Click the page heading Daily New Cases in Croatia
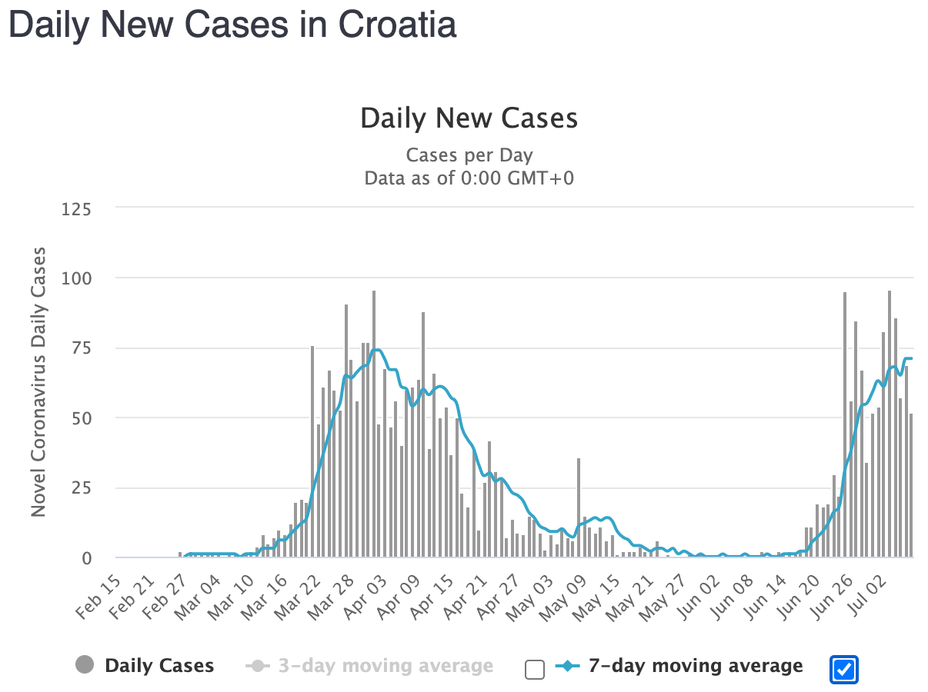pyautogui.click(x=232, y=25)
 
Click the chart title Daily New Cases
pyautogui.click(x=469, y=118)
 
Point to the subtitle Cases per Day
pyautogui.click(x=469, y=155)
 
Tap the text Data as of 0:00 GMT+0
pyautogui.click(x=469, y=178)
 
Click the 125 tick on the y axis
pyautogui.click(x=81, y=208)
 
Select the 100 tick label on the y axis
pyautogui.click(x=81, y=278)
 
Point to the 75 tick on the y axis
pyautogui.click(x=85, y=348)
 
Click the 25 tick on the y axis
pyautogui.click(x=85, y=488)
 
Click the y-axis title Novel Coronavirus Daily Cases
pyautogui.click(x=38, y=381)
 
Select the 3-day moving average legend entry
pyautogui.click(x=370, y=666)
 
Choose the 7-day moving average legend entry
pyautogui.click(x=679, y=666)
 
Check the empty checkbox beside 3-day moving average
pyautogui.click(x=534, y=670)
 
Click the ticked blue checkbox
pyautogui.click(x=844, y=670)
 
